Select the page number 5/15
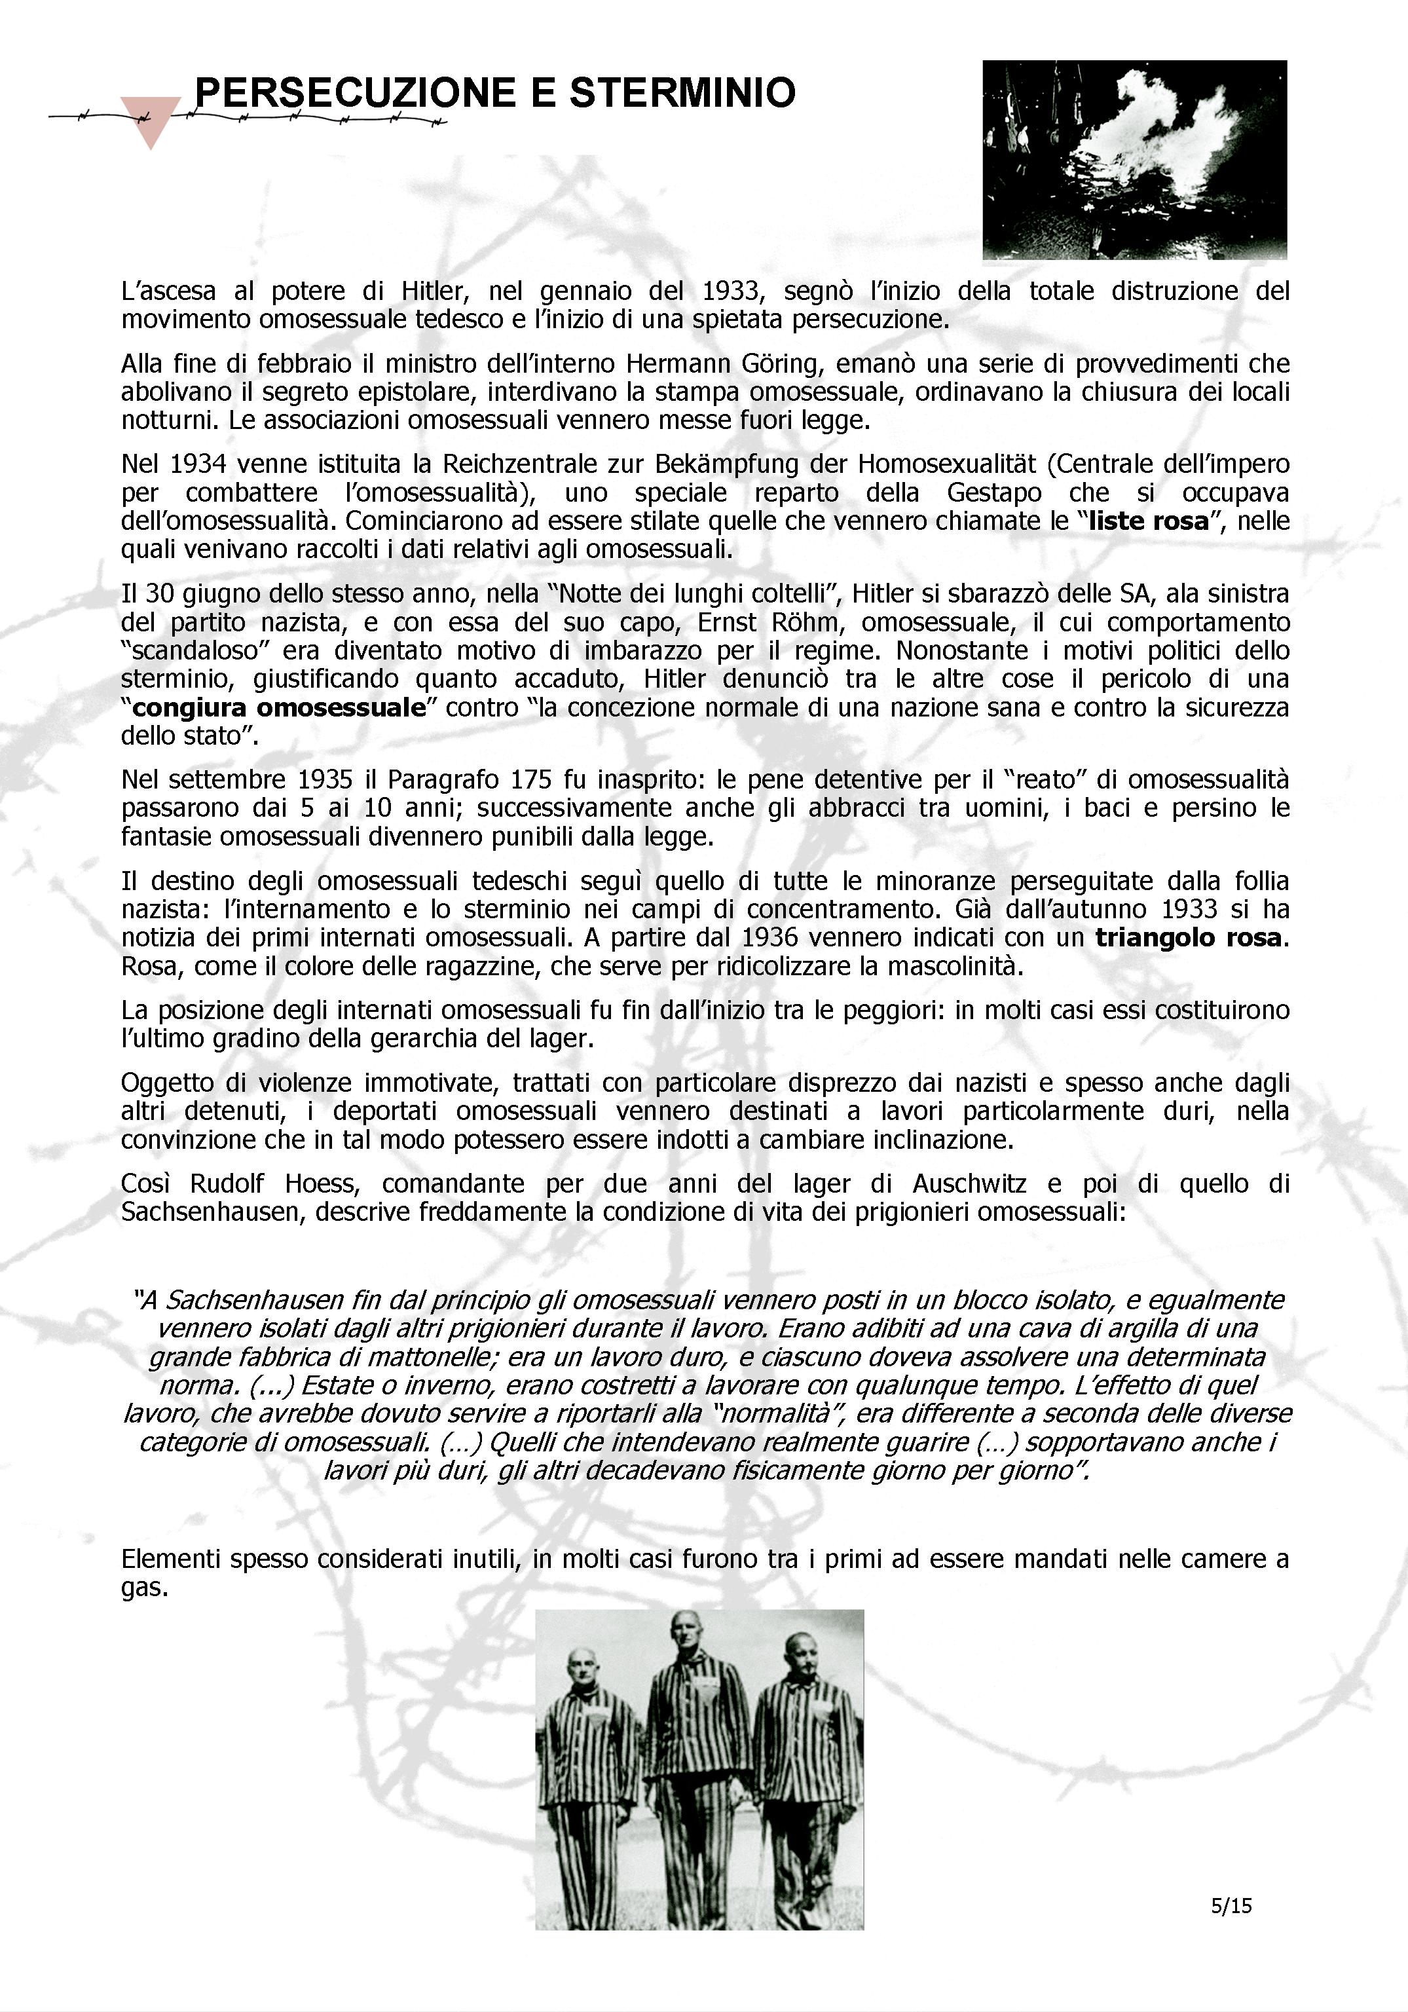(1231, 1905)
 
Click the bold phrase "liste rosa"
(1148, 521)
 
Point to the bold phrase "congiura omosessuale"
(278, 707)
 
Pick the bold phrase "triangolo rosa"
(1188, 938)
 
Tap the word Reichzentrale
(518, 464)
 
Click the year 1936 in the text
(770, 938)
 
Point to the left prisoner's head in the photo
(580, 1669)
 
